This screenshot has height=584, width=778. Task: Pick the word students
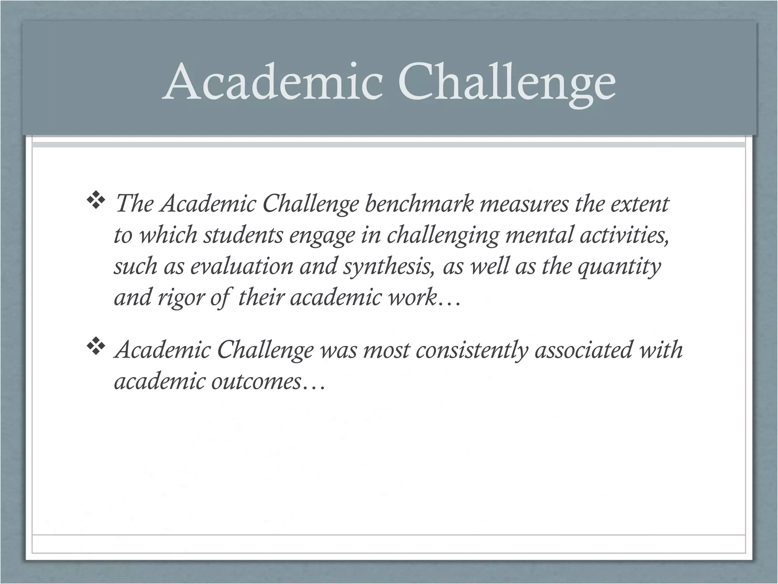[243, 235]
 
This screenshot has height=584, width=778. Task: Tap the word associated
[583, 349]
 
